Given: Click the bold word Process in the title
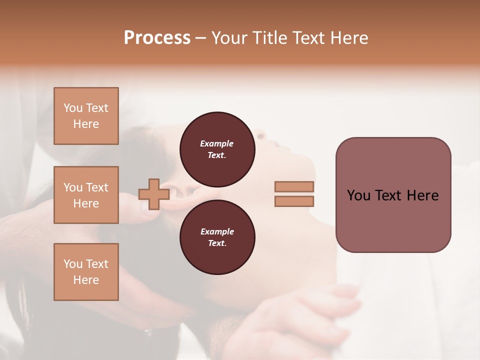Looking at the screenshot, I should [x=157, y=38].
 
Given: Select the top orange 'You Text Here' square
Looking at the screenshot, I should [x=86, y=116].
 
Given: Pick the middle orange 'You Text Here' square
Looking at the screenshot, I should [x=86, y=195].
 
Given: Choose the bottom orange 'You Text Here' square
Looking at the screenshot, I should [x=86, y=272].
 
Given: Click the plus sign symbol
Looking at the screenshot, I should [x=154, y=194].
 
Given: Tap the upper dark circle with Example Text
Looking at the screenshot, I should [x=217, y=149].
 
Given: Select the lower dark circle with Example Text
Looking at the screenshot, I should [x=217, y=237].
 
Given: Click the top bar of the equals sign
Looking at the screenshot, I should [x=294, y=186].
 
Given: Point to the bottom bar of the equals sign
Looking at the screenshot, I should [x=294, y=201].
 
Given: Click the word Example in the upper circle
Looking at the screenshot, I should [x=216, y=143].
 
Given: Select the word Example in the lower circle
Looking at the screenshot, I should [x=216, y=231].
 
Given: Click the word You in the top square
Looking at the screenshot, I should [x=73, y=108].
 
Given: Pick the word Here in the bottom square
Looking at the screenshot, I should [x=86, y=280].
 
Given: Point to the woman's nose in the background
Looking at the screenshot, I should [x=261, y=134].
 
